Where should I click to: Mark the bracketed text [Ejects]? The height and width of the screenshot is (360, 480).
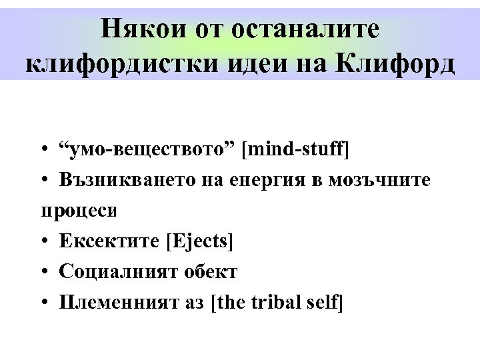pos(199,241)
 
